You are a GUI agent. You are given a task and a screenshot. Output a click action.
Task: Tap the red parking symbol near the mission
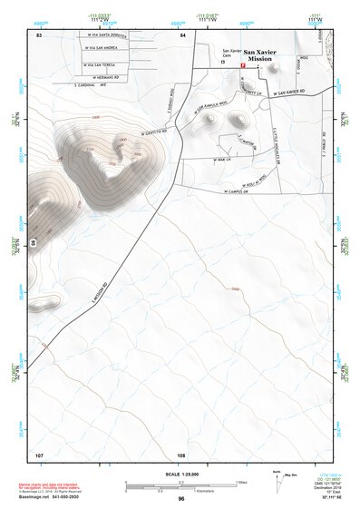click(x=242, y=65)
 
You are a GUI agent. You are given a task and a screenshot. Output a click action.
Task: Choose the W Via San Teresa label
click(x=102, y=64)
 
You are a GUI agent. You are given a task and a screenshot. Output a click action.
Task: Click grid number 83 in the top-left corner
click(x=39, y=34)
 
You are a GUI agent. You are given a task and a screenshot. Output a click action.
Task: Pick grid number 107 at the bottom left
click(x=39, y=454)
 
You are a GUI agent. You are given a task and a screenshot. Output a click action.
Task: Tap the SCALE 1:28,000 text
click(x=181, y=474)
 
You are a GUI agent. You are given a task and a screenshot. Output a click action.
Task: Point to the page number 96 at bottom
click(x=181, y=498)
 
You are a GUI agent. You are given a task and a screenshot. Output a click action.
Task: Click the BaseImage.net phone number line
click(x=52, y=496)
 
